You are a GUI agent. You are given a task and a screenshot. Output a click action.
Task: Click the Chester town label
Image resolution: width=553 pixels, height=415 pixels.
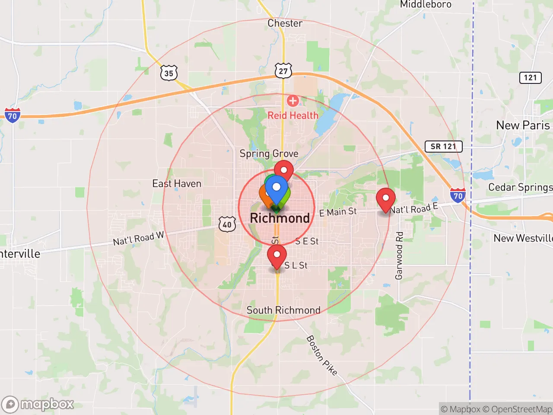tap(285, 23)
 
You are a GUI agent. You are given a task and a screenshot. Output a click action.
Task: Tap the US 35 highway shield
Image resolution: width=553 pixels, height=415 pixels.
tap(168, 73)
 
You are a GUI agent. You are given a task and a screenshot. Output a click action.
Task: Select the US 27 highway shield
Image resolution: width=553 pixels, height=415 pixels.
tap(283, 71)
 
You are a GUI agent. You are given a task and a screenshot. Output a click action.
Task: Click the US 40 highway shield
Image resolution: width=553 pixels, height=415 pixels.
tap(227, 224)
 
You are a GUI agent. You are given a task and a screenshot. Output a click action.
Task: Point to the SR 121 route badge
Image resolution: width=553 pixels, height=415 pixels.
tap(443, 147)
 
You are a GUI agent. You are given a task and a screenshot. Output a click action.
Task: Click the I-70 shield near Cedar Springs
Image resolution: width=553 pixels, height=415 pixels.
tap(458, 196)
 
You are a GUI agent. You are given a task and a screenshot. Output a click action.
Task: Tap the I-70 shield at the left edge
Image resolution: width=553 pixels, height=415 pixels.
tap(13, 115)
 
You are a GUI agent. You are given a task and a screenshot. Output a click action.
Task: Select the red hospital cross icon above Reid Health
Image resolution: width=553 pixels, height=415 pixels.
tap(292, 101)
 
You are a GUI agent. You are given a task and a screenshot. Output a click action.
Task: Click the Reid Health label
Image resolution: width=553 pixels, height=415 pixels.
tap(293, 115)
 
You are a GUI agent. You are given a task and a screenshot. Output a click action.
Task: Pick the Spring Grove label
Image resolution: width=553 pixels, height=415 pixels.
tap(269, 154)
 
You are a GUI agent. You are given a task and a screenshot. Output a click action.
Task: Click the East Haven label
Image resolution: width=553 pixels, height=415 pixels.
tap(177, 184)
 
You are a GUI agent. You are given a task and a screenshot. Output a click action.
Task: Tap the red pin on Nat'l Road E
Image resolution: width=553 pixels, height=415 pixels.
tap(385, 199)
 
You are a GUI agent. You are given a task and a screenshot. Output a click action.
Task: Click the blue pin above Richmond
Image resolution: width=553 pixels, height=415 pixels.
tap(276, 188)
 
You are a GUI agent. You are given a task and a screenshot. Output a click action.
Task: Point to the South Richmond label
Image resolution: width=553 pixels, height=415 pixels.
tap(283, 310)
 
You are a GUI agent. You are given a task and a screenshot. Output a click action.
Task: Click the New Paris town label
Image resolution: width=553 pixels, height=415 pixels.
tap(523, 125)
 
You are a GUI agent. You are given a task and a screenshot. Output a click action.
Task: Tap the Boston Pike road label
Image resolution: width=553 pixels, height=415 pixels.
tap(322, 355)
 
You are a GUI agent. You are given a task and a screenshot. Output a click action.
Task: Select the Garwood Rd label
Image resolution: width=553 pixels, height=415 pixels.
tap(399, 255)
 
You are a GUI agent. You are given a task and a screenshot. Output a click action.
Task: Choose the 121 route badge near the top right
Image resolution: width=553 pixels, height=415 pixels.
tap(530, 78)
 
